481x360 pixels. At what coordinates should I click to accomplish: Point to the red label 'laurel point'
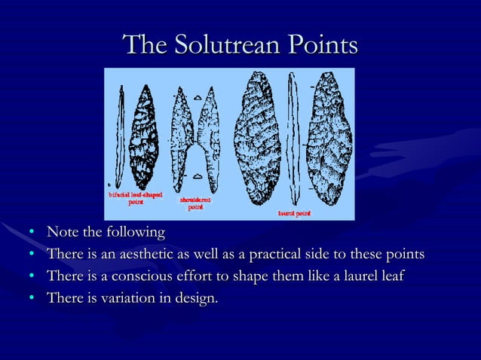point(294,213)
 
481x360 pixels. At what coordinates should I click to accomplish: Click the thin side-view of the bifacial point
point(119,136)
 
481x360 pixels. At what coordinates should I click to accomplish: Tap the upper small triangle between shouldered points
point(197,96)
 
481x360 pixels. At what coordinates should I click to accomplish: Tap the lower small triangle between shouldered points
point(197,175)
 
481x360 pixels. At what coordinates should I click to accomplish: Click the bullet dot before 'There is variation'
point(32,300)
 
